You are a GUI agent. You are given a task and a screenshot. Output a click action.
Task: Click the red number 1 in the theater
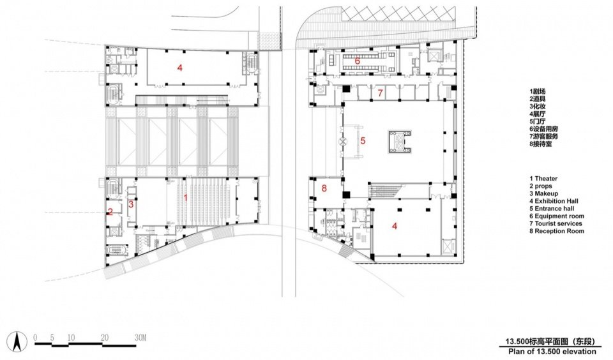[x=186, y=198]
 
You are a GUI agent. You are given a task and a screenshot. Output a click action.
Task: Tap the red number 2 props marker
[x=110, y=212]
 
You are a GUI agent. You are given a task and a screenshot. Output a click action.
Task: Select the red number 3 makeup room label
[x=131, y=204]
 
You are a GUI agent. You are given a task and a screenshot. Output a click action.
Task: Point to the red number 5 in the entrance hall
[x=363, y=140]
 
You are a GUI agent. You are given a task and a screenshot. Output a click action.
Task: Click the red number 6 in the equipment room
[x=358, y=61]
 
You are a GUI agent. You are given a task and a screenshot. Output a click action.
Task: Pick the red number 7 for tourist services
[x=380, y=93]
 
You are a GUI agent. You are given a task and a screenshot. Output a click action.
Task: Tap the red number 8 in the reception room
[x=324, y=188]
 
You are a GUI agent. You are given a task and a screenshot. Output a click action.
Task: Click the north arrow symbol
[x=17, y=341]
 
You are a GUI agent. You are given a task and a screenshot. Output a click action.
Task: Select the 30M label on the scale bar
[x=140, y=338]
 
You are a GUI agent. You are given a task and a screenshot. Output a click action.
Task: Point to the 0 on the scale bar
[x=36, y=338]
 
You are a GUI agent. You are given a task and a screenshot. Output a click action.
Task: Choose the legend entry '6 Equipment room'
[x=557, y=216]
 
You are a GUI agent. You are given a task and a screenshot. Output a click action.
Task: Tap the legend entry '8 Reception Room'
[x=557, y=231]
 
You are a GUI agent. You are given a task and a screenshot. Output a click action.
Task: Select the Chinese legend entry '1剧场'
[x=538, y=91]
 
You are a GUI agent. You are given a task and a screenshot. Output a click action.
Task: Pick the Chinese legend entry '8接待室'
[x=541, y=144]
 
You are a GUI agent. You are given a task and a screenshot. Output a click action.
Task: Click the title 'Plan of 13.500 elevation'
[x=552, y=352]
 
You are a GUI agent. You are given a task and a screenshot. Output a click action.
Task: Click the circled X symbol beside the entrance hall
[x=342, y=142]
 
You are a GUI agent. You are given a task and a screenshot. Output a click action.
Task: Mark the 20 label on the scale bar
[x=104, y=338]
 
